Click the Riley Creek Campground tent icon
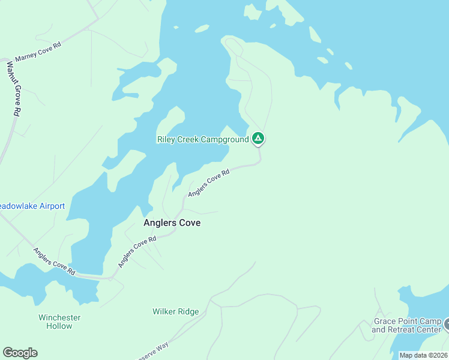(258, 139)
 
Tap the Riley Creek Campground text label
(203, 140)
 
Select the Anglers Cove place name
(172, 223)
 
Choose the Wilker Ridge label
(175, 312)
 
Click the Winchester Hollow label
(59, 322)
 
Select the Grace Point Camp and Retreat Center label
(406, 325)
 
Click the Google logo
(20, 352)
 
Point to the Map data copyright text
(423, 355)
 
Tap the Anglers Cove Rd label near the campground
(209, 183)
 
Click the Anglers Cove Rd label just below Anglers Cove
(137, 252)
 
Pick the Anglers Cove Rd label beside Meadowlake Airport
(54, 262)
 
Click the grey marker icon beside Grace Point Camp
(447, 325)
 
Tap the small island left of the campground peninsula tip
(201, 28)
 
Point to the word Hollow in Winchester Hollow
(59, 326)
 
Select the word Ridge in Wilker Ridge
(188, 312)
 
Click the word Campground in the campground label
(224, 140)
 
